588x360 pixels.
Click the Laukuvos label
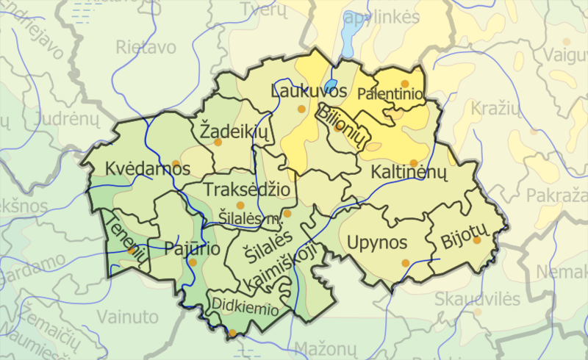click(x=309, y=92)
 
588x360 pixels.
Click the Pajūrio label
click(x=193, y=248)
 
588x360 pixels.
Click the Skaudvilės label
click(x=477, y=299)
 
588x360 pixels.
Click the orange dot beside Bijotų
click(x=477, y=240)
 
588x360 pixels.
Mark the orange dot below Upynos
click(x=404, y=262)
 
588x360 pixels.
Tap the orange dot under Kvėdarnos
click(x=175, y=163)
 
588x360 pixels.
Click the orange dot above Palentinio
click(x=404, y=84)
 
